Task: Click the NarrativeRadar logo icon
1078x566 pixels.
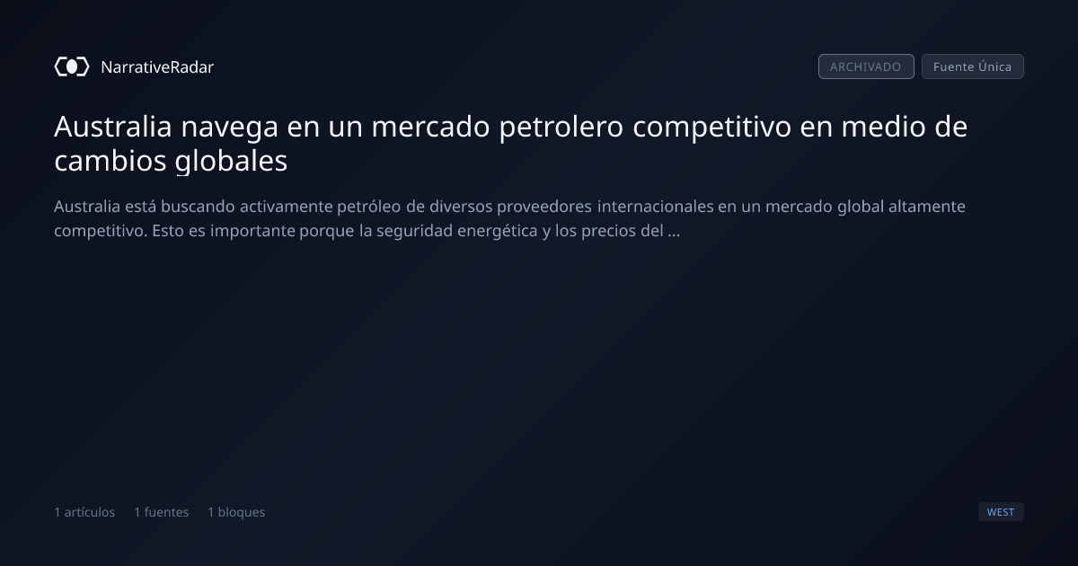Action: (x=72, y=66)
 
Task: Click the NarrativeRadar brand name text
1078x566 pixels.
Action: (x=157, y=66)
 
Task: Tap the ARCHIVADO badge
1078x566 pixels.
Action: (x=866, y=66)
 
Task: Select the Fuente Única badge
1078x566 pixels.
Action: (x=972, y=66)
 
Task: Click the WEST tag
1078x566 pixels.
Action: (x=1001, y=511)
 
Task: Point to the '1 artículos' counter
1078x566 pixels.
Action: (x=84, y=512)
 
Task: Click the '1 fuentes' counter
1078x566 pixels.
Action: (x=161, y=512)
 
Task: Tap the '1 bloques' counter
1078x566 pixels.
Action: (x=235, y=512)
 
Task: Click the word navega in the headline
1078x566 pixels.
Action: (x=230, y=128)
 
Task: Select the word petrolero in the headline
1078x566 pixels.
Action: (x=561, y=128)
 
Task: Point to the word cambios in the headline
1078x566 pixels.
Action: (x=110, y=160)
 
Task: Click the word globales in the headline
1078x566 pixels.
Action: (x=231, y=161)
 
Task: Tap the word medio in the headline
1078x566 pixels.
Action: (x=883, y=126)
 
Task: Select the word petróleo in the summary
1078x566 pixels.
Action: (x=368, y=208)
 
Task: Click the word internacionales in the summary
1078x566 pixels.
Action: (x=656, y=207)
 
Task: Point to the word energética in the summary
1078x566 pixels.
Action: (x=497, y=232)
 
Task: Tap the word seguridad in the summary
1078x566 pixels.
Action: (x=414, y=232)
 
